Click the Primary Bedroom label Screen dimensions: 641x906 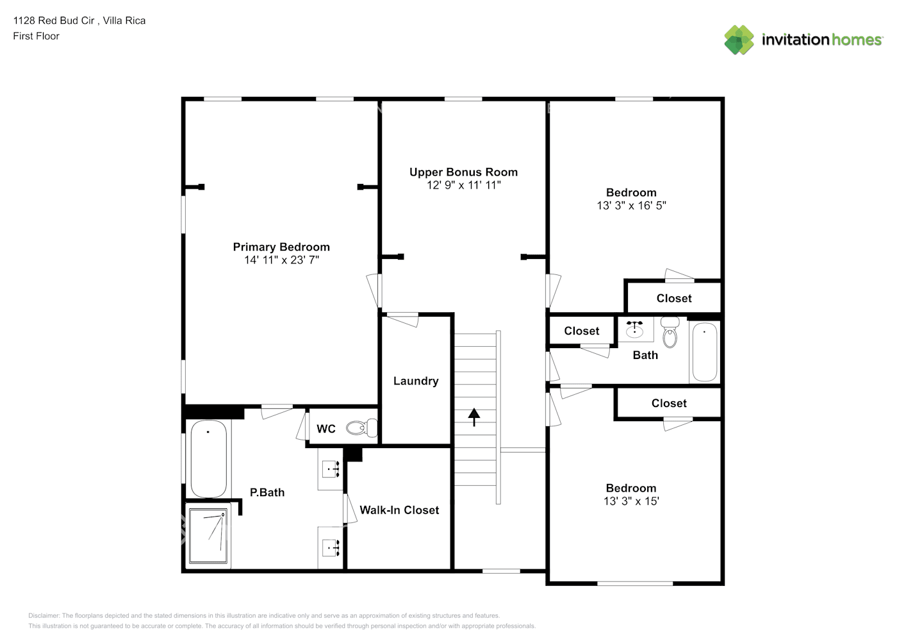(281, 247)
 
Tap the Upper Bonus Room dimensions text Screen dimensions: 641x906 (463, 185)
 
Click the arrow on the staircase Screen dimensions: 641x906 (474, 417)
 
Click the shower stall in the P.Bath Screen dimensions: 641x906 (208, 536)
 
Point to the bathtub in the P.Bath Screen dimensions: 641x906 (208, 458)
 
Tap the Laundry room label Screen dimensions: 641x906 (416, 381)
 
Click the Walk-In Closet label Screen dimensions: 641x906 (399, 510)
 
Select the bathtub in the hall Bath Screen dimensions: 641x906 (704, 352)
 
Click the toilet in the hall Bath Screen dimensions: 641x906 (670, 331)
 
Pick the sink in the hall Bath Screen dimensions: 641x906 (634, 329)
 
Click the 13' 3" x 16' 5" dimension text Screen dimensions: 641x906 (631, 206)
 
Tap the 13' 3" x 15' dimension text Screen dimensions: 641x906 (631, 501)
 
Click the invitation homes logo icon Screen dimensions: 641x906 (739, 40)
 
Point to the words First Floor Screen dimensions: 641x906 (36, 36)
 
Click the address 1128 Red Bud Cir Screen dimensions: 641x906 (54, 21)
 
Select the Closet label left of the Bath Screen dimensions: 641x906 (581, 331)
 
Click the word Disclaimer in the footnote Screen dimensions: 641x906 (44, 615)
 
